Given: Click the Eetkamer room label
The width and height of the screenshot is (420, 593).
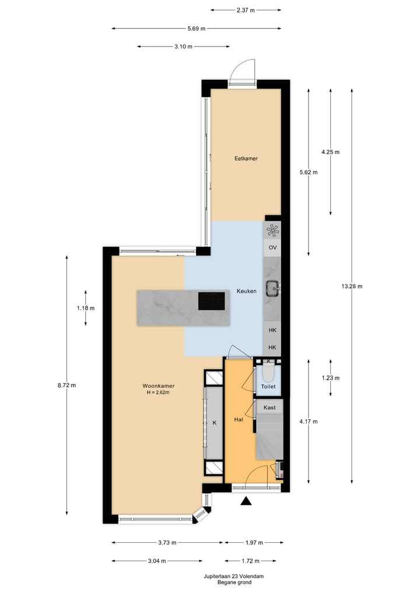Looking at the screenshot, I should pyautogui.click(x=246, y=158).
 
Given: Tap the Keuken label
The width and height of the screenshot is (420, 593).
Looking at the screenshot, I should pyautogui.click(x=246, y=291).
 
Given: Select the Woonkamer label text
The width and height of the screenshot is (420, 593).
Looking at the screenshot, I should pyautogui.click(x=159, y=385).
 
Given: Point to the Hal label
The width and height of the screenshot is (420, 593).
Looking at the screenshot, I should pyautogui.click(x=239, y=419).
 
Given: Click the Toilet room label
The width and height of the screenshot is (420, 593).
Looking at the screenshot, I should pyautogui.click(x=268, y=387).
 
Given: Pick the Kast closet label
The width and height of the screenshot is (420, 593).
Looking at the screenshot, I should pyautogui.click(x=269, y=407).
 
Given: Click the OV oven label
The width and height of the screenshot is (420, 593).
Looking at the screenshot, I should pyautogui.click(x=272, y=248).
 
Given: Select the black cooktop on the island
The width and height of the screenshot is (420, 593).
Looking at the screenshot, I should pyautogui.click(x=212, y=301).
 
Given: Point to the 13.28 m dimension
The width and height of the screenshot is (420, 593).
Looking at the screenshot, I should pyautogui.click(x=352, y=286).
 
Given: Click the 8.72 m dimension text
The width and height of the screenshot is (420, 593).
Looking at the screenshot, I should pyautogui.click(x=66, y=385).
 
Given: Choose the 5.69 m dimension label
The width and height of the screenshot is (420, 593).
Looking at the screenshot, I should pyautogui.click(x=196, y=28).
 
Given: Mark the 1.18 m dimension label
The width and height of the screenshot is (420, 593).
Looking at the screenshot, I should pyautogui.click(x=86, y=308).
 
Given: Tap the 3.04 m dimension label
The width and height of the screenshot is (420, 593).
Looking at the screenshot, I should pyautogui.click(x=157, y=561).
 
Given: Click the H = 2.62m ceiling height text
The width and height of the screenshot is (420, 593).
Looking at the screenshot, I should pyautogui.click(x=159, y=392).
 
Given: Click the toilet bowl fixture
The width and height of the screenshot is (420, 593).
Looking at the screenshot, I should pyautogui.click(x=268, y=372).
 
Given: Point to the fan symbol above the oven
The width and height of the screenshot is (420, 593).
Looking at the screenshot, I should pyautogui.click(x=272, y=230).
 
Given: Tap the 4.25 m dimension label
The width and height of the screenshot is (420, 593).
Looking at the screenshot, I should pyautogui.click(x=330, y=152).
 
